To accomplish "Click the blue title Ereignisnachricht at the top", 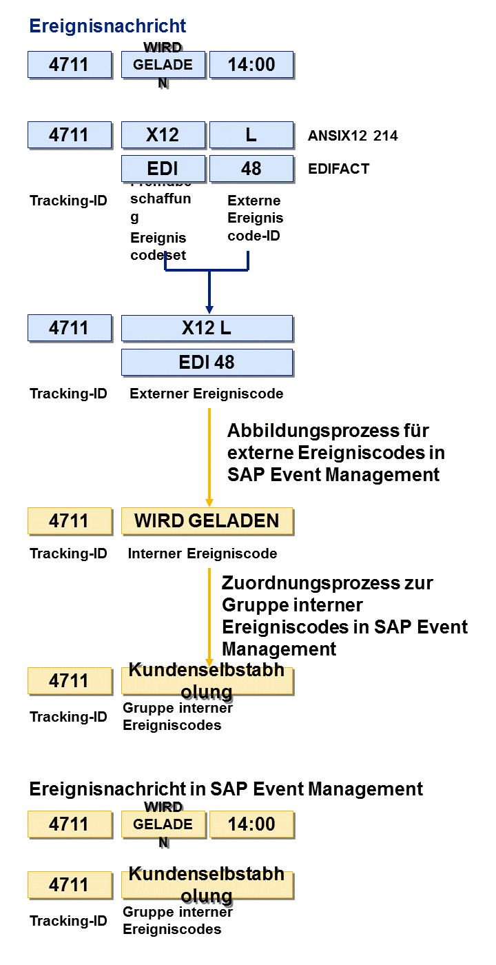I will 107,26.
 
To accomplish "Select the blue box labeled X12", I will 163,135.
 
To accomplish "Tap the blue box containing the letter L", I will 251,135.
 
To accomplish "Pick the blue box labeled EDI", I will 163,169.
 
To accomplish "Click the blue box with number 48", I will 251,169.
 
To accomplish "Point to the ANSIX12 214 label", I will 353,136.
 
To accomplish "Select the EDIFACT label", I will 339,169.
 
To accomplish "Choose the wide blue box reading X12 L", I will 207,328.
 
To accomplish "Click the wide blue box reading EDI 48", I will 207,362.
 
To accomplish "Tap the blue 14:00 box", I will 251,65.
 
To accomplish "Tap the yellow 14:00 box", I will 251,824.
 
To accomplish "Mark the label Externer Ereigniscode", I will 206,394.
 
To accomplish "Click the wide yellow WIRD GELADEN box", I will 207,521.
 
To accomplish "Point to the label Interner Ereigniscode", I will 203,553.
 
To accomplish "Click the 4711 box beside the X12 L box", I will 69,328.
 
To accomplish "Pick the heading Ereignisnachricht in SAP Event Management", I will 226,789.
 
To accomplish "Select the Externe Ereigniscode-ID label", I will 255,218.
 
